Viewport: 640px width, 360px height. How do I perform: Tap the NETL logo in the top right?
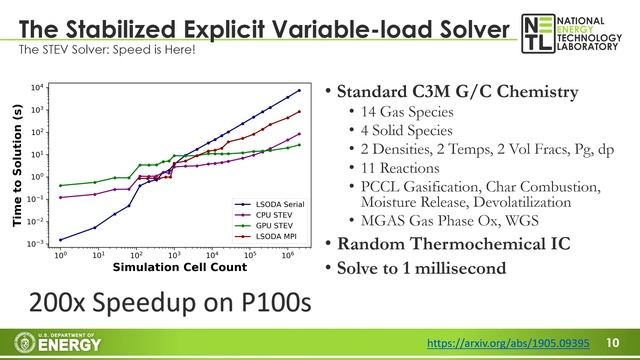pos(574,34)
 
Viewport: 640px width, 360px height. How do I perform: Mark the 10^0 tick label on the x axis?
pos(60,255)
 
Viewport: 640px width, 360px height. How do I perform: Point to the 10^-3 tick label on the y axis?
pos(35,243)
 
